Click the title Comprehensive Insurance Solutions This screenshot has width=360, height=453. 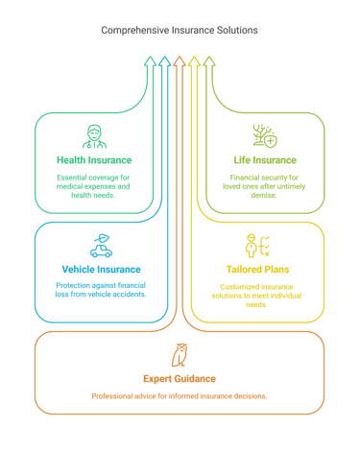180,31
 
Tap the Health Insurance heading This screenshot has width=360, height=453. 94,160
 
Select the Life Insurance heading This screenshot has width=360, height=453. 264,160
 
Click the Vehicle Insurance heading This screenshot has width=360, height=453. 101,270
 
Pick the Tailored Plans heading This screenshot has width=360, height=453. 257,270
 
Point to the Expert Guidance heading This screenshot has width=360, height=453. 180,378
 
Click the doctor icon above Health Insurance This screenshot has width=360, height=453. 94,135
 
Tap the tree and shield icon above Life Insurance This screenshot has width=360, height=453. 264,135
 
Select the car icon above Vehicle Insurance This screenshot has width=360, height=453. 101,246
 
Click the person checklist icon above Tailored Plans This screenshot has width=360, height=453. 257,246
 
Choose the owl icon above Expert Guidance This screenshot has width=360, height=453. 180,354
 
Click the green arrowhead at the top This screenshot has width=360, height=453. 150,63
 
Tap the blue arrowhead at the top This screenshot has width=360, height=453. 164,63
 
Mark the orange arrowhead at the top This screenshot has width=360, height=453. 180,63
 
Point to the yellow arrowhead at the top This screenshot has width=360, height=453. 195,63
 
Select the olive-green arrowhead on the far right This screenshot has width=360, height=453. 209,63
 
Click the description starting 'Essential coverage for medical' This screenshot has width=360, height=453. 94,187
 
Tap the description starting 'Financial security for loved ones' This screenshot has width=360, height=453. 264,187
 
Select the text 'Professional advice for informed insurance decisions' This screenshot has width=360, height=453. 180,396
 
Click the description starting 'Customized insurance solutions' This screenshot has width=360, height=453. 257,296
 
